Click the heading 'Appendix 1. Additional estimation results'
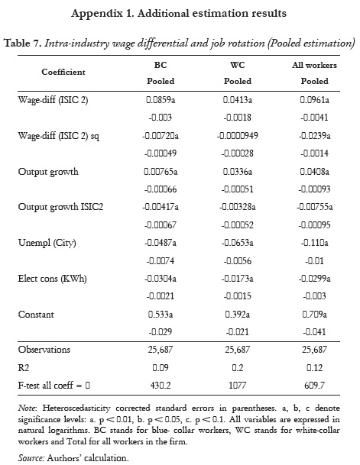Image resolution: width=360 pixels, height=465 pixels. pos(180,13)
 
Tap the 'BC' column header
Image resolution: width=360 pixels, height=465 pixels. pos(161,65)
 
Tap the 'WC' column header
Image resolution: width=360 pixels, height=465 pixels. pos(237,65)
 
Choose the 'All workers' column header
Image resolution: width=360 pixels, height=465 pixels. pos(314,65)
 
